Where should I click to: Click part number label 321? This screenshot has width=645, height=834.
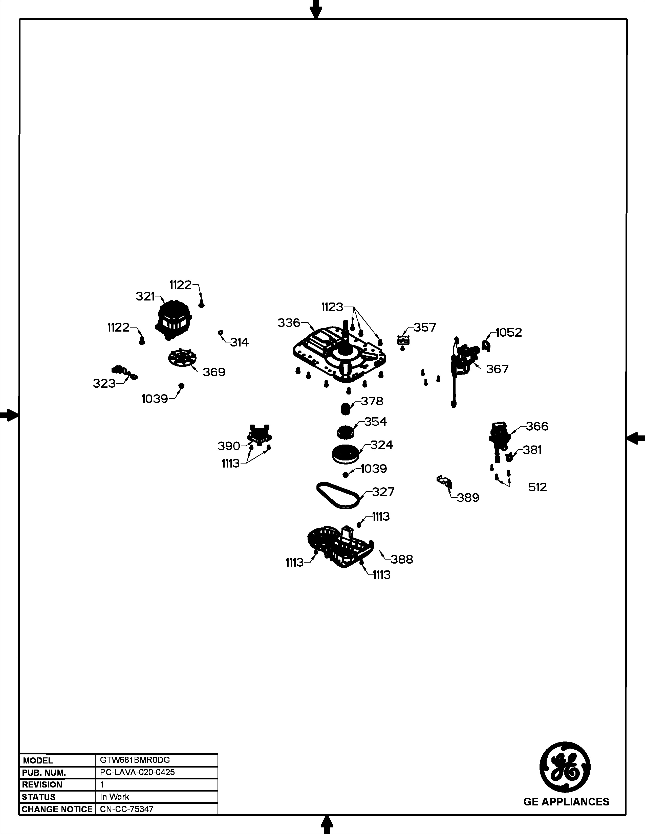coord(145,296)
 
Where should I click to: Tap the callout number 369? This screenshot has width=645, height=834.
coord(214,372)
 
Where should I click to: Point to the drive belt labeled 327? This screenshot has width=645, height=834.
coord(338,495)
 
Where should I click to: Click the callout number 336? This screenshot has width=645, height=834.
coord(289,323)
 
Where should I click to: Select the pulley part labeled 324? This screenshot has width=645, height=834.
coord(346,454)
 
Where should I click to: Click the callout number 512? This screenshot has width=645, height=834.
coord(538,487)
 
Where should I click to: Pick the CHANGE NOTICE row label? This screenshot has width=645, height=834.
coord(57,809)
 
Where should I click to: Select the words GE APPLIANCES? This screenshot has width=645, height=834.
coord(566,802)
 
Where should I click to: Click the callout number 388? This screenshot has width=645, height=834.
coord(402,560)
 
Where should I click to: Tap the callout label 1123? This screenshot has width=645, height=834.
coord(332,307)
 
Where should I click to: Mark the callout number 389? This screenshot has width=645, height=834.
coord(468,498)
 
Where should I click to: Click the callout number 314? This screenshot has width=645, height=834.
coord(240,342)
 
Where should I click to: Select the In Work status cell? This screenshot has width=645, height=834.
coord(115,797)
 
